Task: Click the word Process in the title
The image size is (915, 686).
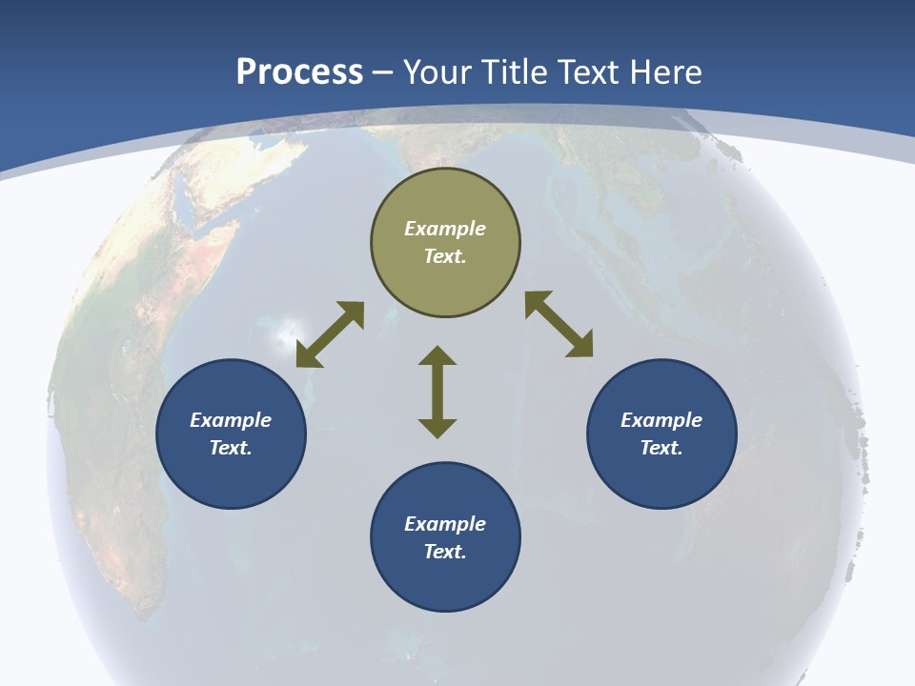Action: tap(299, 72)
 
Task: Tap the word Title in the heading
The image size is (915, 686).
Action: tap(520, 72)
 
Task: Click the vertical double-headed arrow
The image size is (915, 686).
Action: tap(437, 393)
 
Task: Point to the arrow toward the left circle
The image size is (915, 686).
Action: tap(330, 334)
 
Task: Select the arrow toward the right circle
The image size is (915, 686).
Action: tap(559, 324)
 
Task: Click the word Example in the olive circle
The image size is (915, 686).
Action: tap(445, 229)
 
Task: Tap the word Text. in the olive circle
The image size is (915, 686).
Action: tap(445, 256)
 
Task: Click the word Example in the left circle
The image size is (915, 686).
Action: tap(231, 420)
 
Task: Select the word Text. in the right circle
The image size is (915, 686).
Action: tap(661, 448)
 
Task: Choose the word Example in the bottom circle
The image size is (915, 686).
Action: tap(445, 524)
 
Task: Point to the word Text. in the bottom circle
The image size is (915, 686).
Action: tap(445, 552)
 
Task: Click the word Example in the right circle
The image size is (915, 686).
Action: tap(661, 420)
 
